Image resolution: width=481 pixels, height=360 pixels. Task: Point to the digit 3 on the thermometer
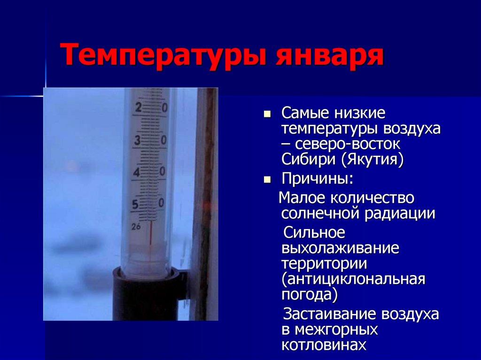tap(138, 140)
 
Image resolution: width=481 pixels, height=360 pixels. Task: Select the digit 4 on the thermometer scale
tap(137, 172)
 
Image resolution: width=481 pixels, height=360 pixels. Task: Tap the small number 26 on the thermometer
tap(136, 227)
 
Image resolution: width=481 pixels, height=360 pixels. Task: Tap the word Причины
tap(317, 179)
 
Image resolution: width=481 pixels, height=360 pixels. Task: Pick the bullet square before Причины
tap(267, 179)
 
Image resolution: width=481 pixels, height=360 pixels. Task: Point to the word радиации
tap(398, 214)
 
